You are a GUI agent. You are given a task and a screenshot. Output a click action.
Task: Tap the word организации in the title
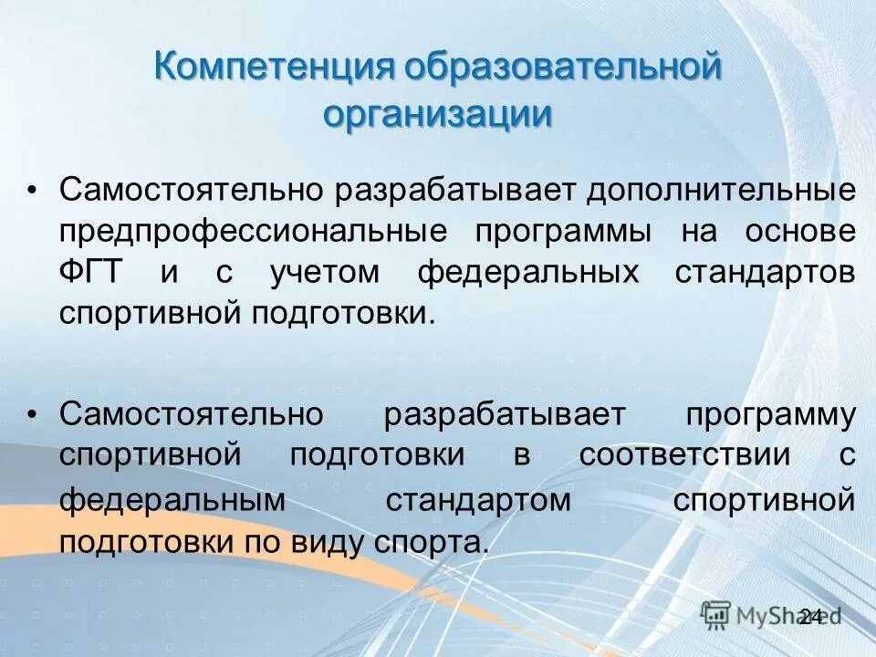coord(438,116)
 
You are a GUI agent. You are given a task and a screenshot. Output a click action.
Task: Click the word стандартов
coord(766,272)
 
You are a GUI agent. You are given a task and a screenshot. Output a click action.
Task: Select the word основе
coord(799,231)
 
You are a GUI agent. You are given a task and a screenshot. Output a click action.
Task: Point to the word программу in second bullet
coord(770,414)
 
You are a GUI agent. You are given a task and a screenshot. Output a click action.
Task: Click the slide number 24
coord(809,616)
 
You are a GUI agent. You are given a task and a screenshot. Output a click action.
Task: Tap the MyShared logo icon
coord(716,614)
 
